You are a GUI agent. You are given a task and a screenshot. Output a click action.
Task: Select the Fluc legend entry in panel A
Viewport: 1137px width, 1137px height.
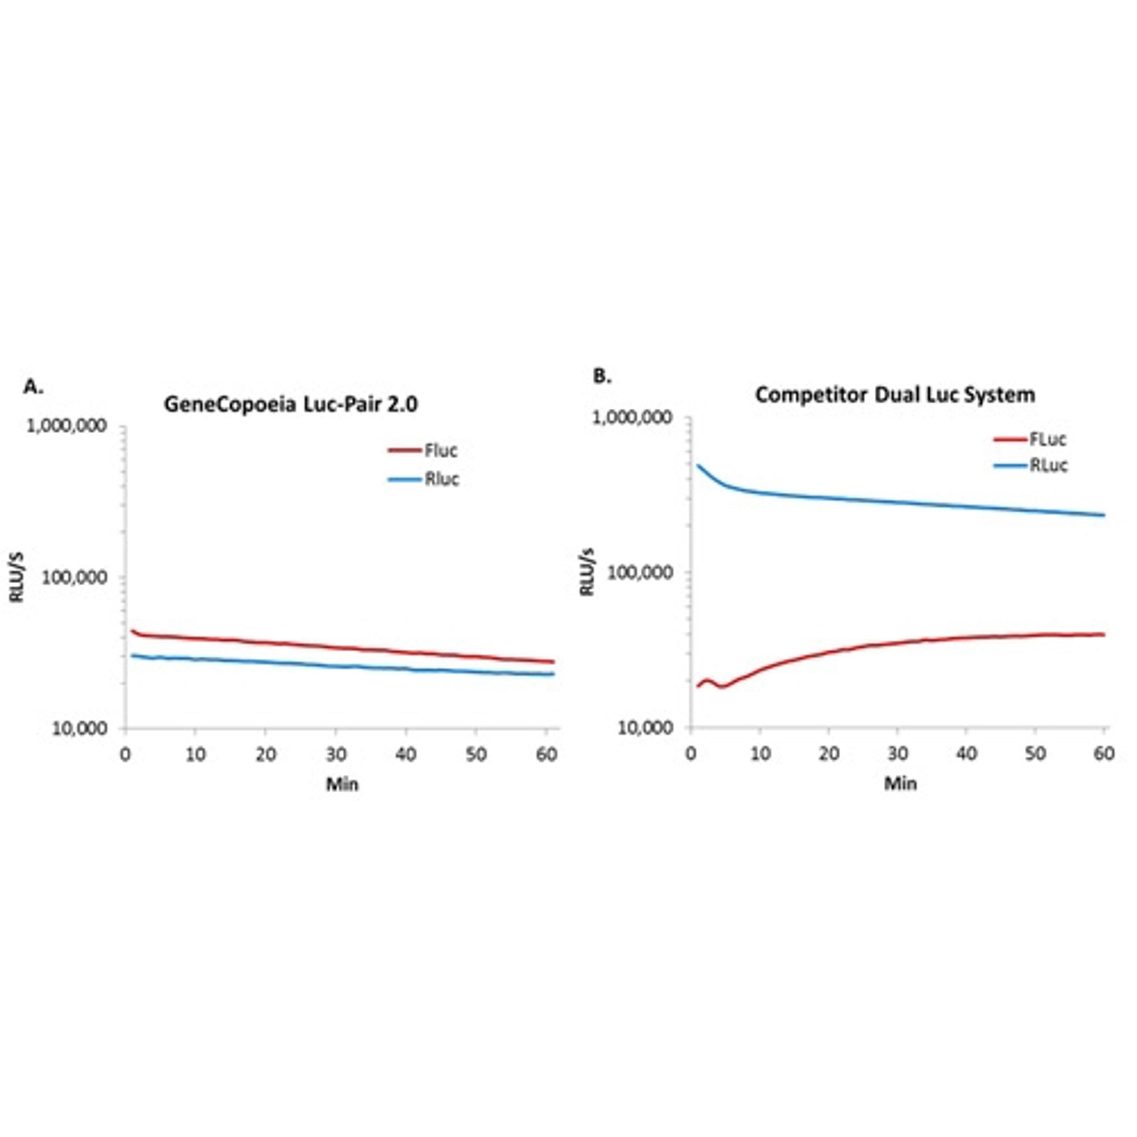click(440, 451)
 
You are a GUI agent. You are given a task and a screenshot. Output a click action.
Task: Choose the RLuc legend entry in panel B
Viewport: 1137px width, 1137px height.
click(1048, 465)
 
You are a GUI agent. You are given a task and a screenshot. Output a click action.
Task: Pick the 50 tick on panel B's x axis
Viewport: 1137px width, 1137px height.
click(1035, 753)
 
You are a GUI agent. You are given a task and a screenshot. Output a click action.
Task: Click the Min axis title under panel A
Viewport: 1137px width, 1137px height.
click(342, 784)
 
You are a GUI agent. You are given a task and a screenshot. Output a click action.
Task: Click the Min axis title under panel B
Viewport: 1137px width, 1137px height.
click(900, 784)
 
